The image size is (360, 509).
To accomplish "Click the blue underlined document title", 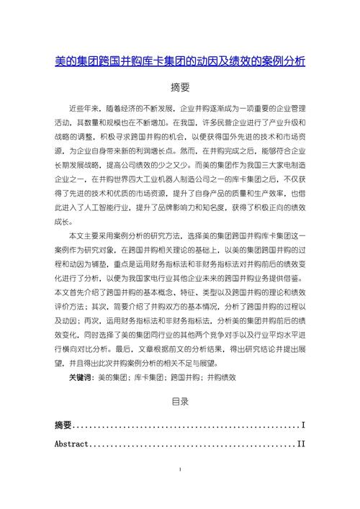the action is (180, 61).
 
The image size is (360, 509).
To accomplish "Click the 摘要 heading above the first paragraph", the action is (180, 88).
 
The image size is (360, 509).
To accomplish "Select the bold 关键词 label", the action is (81, 377).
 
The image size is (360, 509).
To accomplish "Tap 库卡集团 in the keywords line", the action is (148, 377).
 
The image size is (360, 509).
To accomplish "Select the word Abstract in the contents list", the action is (71, 444).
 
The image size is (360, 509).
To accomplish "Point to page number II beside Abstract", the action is (301, 444).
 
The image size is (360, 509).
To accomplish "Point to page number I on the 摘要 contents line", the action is (303, 425).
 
